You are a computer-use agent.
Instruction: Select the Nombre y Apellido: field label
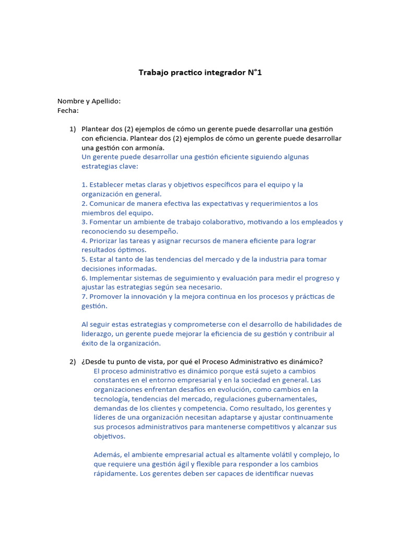point(89,101)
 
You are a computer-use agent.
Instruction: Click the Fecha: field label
point(68,110)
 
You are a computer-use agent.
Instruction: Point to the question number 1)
point(73,129)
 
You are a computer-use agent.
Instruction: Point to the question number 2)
point(73,362)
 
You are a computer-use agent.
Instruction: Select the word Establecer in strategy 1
point(106,184)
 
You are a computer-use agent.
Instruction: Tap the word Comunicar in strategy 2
point(107,203)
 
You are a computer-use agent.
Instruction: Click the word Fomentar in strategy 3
point(105,222)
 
